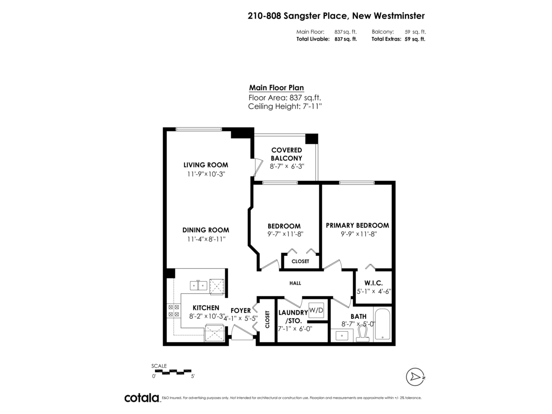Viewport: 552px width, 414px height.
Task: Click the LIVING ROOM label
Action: [x=206, y=165]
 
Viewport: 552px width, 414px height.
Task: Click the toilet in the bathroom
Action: [x=363, y=335]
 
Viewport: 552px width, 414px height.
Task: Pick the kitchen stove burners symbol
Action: [x=173, y=310]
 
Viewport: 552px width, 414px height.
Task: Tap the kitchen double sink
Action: [x=199, y=286]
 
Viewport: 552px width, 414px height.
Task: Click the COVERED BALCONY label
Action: [x=286, y=154]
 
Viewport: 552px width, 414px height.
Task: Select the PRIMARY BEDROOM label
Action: [x=357, y=225]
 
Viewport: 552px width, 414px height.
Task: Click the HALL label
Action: [x=295, y=283]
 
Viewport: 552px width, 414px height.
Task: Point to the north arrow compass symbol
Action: [x=415, y=377]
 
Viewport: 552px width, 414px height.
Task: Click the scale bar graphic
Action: [x=172, y=370]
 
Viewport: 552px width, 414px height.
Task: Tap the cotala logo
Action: [x=142, y=398]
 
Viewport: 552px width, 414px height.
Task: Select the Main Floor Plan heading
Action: [x=276, y=87]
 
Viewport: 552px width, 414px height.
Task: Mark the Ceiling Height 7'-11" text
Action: [x=285, y=106]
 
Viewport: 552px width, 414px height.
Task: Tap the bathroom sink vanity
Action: [x=342, y=335]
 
